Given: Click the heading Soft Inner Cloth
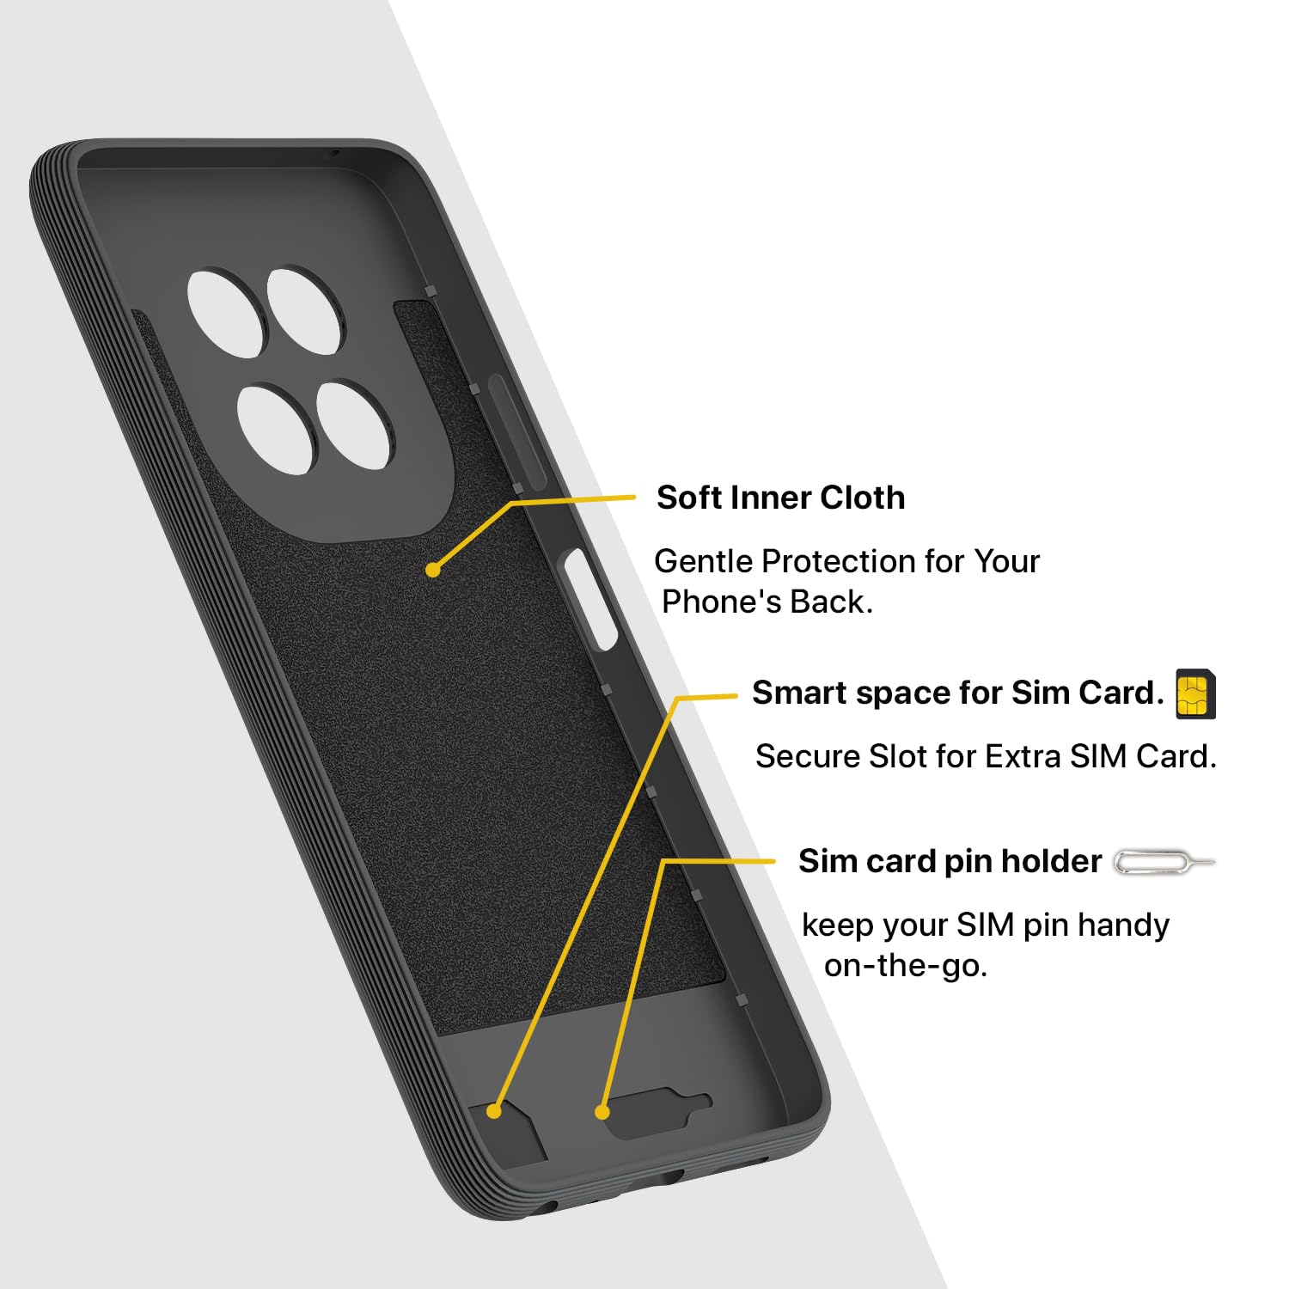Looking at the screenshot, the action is [780, 498].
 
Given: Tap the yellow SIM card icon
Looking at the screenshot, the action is [1195, 693].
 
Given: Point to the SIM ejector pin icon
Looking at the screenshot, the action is [1164, 861].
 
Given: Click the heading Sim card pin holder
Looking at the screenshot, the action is [950, 861].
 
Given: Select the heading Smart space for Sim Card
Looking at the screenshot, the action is [958, 693].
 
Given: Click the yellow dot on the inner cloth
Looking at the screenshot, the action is [433, 569].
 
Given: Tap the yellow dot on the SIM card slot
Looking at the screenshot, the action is [493, 1111].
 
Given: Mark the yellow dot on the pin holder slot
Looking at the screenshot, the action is [602, 1112].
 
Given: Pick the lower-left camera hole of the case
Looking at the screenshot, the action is [277, 429].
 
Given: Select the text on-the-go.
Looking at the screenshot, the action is [906, 966].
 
